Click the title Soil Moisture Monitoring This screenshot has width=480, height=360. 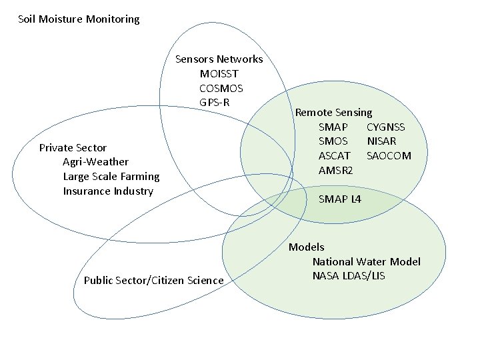(x=79, y=19)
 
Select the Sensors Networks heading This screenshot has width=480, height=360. (x=219, y=59)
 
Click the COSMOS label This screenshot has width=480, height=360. (x=221, y=88)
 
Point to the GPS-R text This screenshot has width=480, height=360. (x=214, y=103)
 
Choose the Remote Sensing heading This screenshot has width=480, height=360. (x=333, y=113)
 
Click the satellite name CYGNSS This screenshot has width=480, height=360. (x=385, y=127)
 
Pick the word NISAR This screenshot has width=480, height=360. (x=381, y=141)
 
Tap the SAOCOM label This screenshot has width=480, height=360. (x=389, y=156)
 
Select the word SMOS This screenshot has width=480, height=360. (x=334, y=141)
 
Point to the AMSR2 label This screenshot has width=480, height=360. (x=335, y=171)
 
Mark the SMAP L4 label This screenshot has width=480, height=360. (x=340, y=199)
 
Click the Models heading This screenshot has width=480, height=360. (x=306, y=247)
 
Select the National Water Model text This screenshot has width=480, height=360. (x=366, y=262)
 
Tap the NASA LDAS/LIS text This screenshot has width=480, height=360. (x=348, y=276)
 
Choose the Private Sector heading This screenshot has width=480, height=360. (x=73, y=147)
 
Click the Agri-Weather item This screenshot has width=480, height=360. (x=95, y=162)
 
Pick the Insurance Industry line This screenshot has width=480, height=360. (x=108, y=191)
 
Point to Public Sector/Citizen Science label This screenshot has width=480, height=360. (x=153, y=280)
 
